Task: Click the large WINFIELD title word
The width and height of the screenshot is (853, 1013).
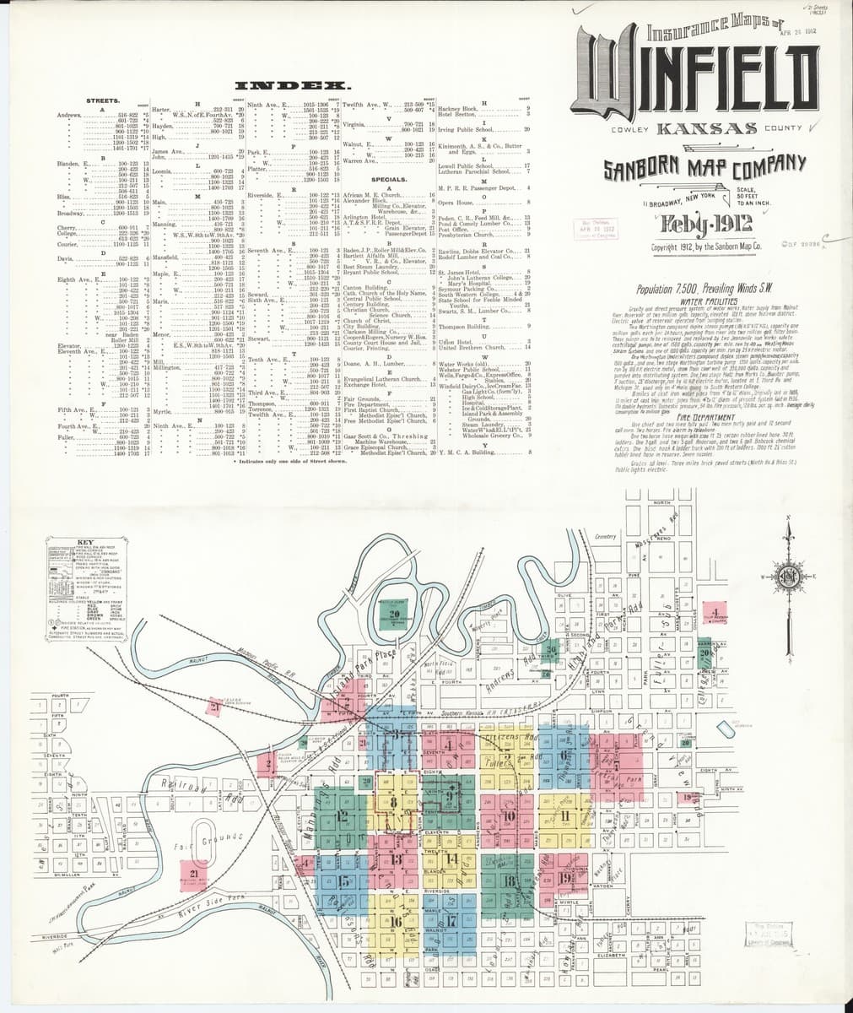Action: pos(698,81)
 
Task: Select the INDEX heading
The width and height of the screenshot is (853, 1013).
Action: pos(293,86)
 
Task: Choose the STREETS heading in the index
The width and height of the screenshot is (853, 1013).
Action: pos(103,100)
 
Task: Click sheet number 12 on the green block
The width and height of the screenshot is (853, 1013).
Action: pos(342,815)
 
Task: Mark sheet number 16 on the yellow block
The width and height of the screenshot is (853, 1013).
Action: pos(394,922)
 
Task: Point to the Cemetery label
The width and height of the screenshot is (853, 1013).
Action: pos(606,536)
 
